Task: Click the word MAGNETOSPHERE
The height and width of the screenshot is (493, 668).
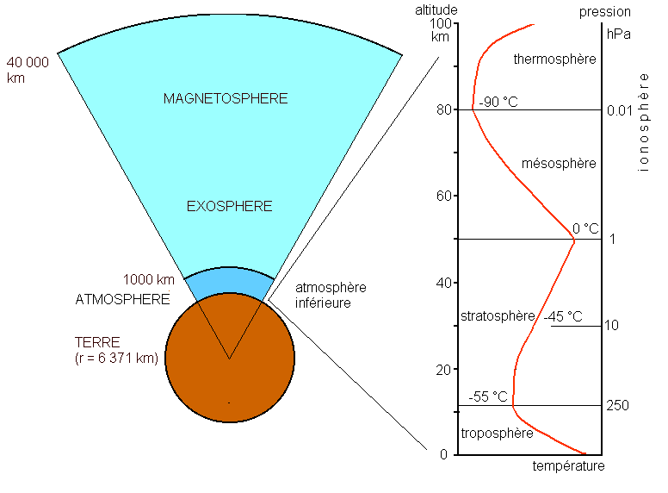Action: pos(226,98)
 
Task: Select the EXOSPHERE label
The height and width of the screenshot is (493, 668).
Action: pos(229,206)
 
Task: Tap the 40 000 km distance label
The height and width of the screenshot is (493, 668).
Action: pos(28,70)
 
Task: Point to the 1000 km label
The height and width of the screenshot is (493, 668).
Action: pos(149,280)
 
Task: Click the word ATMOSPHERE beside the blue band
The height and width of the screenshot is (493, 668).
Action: pos(123,299)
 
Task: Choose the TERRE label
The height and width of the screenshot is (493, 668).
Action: pos(97,342)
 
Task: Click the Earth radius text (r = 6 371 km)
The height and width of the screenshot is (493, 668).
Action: pos(116,358)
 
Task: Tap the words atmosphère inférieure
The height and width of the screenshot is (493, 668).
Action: pos(331,295)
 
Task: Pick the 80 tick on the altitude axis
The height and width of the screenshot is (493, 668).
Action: pos(444,109)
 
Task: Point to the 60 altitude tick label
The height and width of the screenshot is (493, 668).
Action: pos(444,196)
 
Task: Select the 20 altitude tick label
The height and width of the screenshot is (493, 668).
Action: pos(443,370)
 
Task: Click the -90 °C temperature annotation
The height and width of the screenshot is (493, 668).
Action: pos(498,102)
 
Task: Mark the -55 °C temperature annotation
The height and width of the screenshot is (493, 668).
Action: pos(488,396)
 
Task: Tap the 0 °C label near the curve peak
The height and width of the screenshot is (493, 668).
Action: pos(585,228)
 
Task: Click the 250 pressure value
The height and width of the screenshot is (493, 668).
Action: pos(618,405)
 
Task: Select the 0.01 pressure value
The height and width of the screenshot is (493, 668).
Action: pos(620,111)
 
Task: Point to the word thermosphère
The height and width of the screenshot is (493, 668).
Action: pos(554,59)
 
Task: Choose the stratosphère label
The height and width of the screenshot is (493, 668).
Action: pos(498,316)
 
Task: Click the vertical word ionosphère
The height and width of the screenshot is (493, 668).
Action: pos(643,122)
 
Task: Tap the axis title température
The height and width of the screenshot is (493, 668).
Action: pos(568,466)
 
